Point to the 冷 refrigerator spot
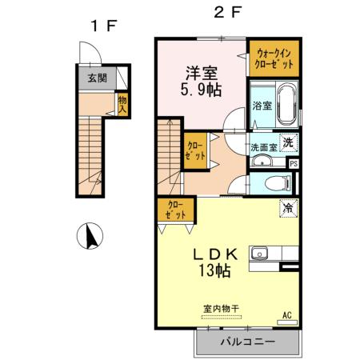pos(286,207)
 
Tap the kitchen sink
pos(260,255)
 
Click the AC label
pos(286,316)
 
